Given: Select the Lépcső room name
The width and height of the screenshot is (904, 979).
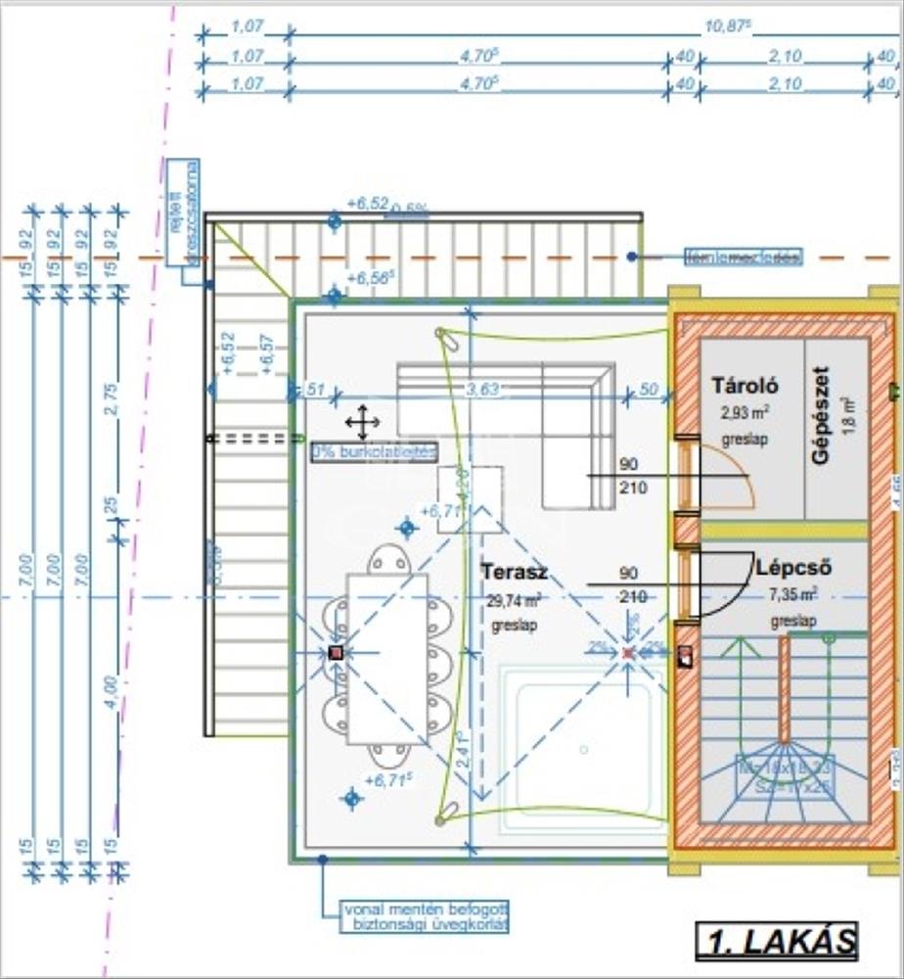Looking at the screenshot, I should coord(793,568).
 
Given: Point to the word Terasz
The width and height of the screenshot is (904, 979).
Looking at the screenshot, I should coord(515,573).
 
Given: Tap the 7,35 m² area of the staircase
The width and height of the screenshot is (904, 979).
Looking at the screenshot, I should coord(793,594).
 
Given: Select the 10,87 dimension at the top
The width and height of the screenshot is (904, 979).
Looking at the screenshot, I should coord(734,29).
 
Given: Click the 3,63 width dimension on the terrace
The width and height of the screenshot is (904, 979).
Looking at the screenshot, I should coord(482,390).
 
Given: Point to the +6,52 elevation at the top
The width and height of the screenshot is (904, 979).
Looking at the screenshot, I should coord(367,204).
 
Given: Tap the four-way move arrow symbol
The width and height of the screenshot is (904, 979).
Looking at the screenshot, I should coord(362,422).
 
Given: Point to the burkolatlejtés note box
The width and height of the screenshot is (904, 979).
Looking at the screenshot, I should coord(374,452).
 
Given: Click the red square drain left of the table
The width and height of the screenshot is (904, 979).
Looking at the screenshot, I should coord(336,652).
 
